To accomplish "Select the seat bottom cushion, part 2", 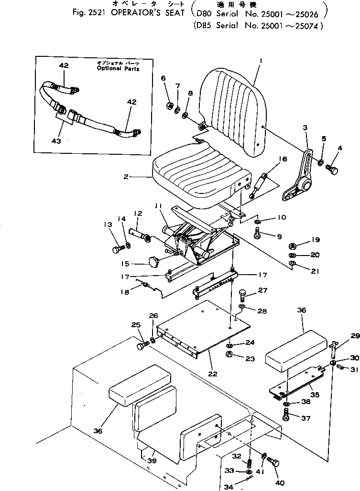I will pyautogui.click(x=196, y=177).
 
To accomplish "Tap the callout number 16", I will pyautogui.click(x=283, y=159).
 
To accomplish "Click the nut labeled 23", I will pyautogui.click(x=229, y=354).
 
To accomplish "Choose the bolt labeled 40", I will pyautogui.click(x=274, y=462).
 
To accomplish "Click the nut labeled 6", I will pyautogui.click(x=169, y=106).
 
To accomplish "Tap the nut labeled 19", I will pyautogui.click(x=292, y=246).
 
